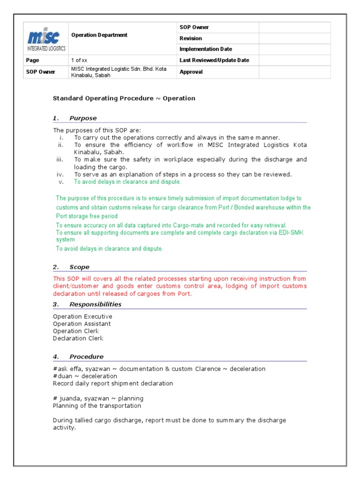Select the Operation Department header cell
99,35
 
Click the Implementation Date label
205,49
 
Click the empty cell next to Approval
294,72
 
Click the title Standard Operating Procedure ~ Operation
124,98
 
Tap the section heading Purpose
83,118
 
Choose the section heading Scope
79,267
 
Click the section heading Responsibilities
95,304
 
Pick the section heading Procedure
86,356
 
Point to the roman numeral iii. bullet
60,159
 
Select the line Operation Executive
82,316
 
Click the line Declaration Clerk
78,338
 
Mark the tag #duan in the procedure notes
62,376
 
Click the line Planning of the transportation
97,405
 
